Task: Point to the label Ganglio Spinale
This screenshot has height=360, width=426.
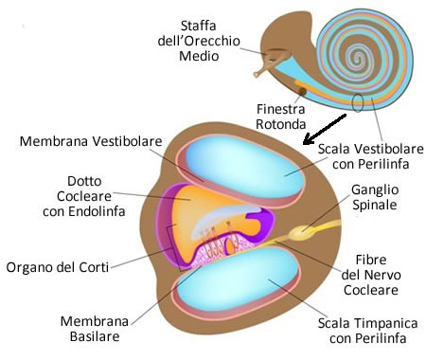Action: (x=377, y=197)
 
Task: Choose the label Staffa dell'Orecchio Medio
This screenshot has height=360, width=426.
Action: (x=186, y=39)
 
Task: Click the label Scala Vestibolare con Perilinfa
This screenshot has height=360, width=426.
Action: (x=369, y=155)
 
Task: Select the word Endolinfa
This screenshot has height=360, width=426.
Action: (x=93, y=211)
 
